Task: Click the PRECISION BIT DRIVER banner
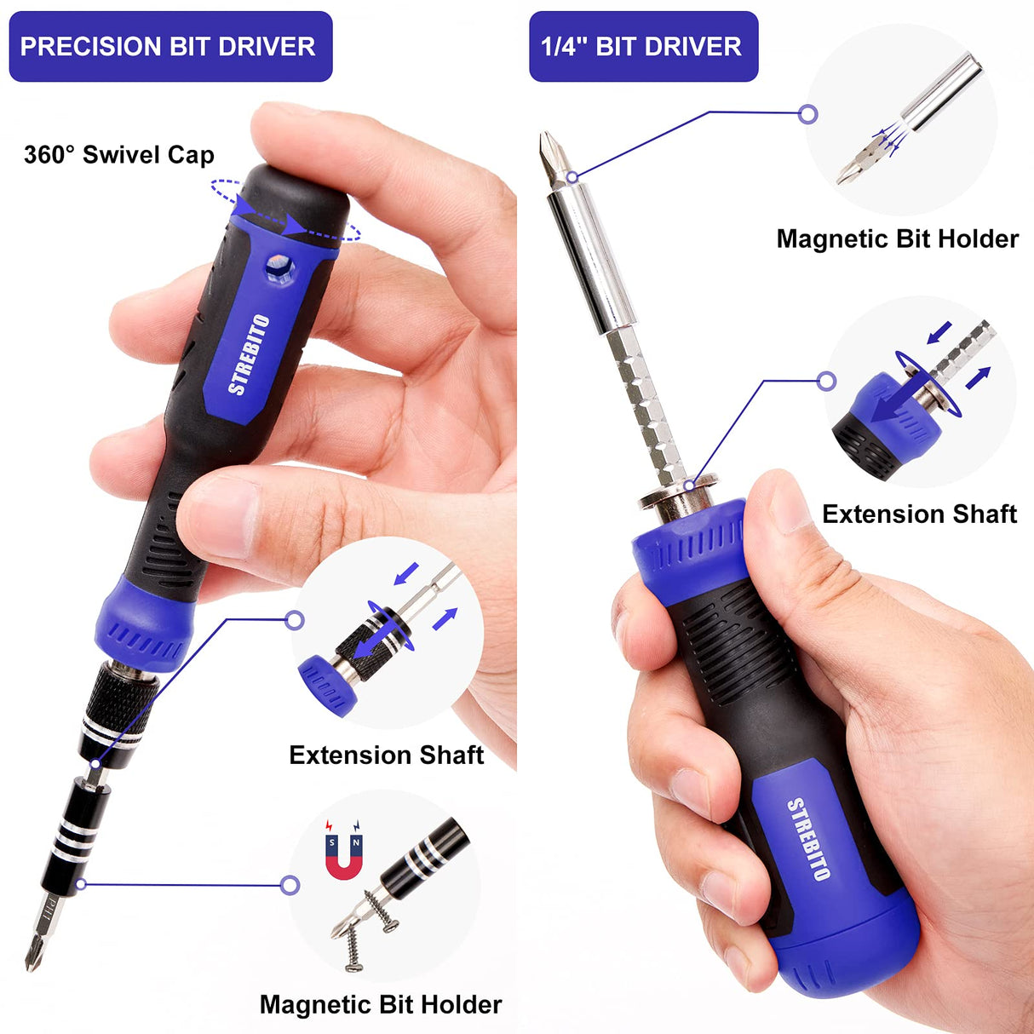tap(169, 46)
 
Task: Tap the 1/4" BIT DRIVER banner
tap(642, 46)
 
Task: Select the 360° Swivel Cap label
tap(118, 155)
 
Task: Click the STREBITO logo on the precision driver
tap(249, 354)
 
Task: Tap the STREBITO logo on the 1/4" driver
tap(807, 838)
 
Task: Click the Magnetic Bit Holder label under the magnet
tap(380, 1004)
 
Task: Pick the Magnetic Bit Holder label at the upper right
tap(897, 238)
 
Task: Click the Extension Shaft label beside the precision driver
tap(386, 755)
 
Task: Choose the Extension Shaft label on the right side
tap(919, 514)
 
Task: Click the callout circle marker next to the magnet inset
tap(290, 885)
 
